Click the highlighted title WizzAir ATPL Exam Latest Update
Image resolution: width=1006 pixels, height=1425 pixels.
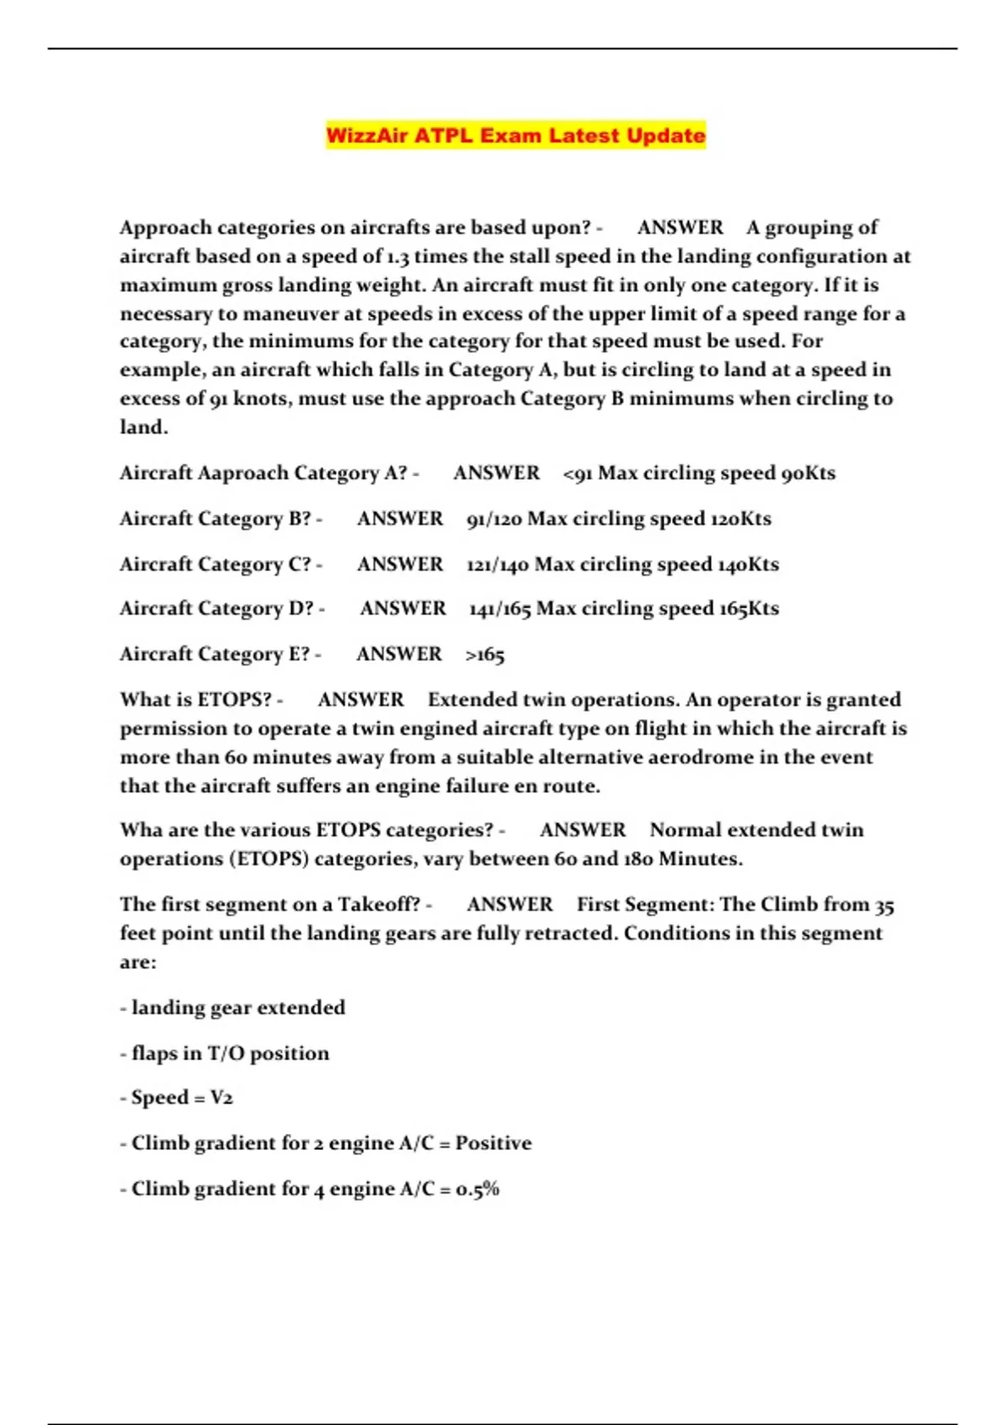tap(516, 136)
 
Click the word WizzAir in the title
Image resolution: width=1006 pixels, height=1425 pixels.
tap(366, 136)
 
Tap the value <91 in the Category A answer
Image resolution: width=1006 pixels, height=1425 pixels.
tap(578, 474)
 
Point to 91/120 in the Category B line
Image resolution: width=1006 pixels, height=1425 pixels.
tap(494, 519)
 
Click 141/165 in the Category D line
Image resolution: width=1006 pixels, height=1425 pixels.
tap(500, 609)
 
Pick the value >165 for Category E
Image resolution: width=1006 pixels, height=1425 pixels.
tap(485, 655)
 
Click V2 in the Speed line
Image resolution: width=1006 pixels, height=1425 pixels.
tap(221, 1098)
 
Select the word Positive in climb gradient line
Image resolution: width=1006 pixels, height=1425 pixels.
tap(493, 1143)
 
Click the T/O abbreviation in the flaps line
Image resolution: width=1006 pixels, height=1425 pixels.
tap(226, 1054)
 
